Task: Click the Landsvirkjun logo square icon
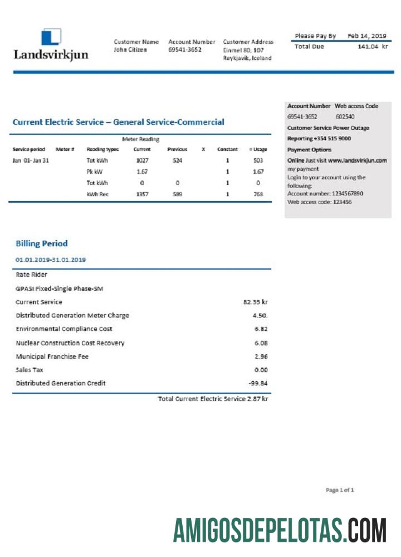(x=51, y=37)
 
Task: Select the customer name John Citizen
(x=131, y=50)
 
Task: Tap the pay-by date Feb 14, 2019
(x=367, y=36)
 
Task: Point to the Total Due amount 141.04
(x=368, y=47)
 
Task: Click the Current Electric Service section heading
(x=118, y=122)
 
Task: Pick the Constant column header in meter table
(x=227, y=149)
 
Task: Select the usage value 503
(x=258, y=160)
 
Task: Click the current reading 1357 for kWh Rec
(x=142, y=194)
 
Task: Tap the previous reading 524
(x=177, y=160)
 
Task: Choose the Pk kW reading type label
(x=93, y=172)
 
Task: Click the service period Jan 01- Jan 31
(x=31, y=160)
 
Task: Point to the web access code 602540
(x=345, y=117)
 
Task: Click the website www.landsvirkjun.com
(x=357, y=160)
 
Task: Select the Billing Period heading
(x=42, y=243)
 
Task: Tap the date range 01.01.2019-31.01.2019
(x=51, y=260)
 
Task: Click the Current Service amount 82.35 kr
(x=256, y=302)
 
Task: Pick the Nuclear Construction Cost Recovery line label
(x=70, y=343)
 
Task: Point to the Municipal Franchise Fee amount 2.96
(x=261, y=356)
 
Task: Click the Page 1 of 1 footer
(x=340, y=490)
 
